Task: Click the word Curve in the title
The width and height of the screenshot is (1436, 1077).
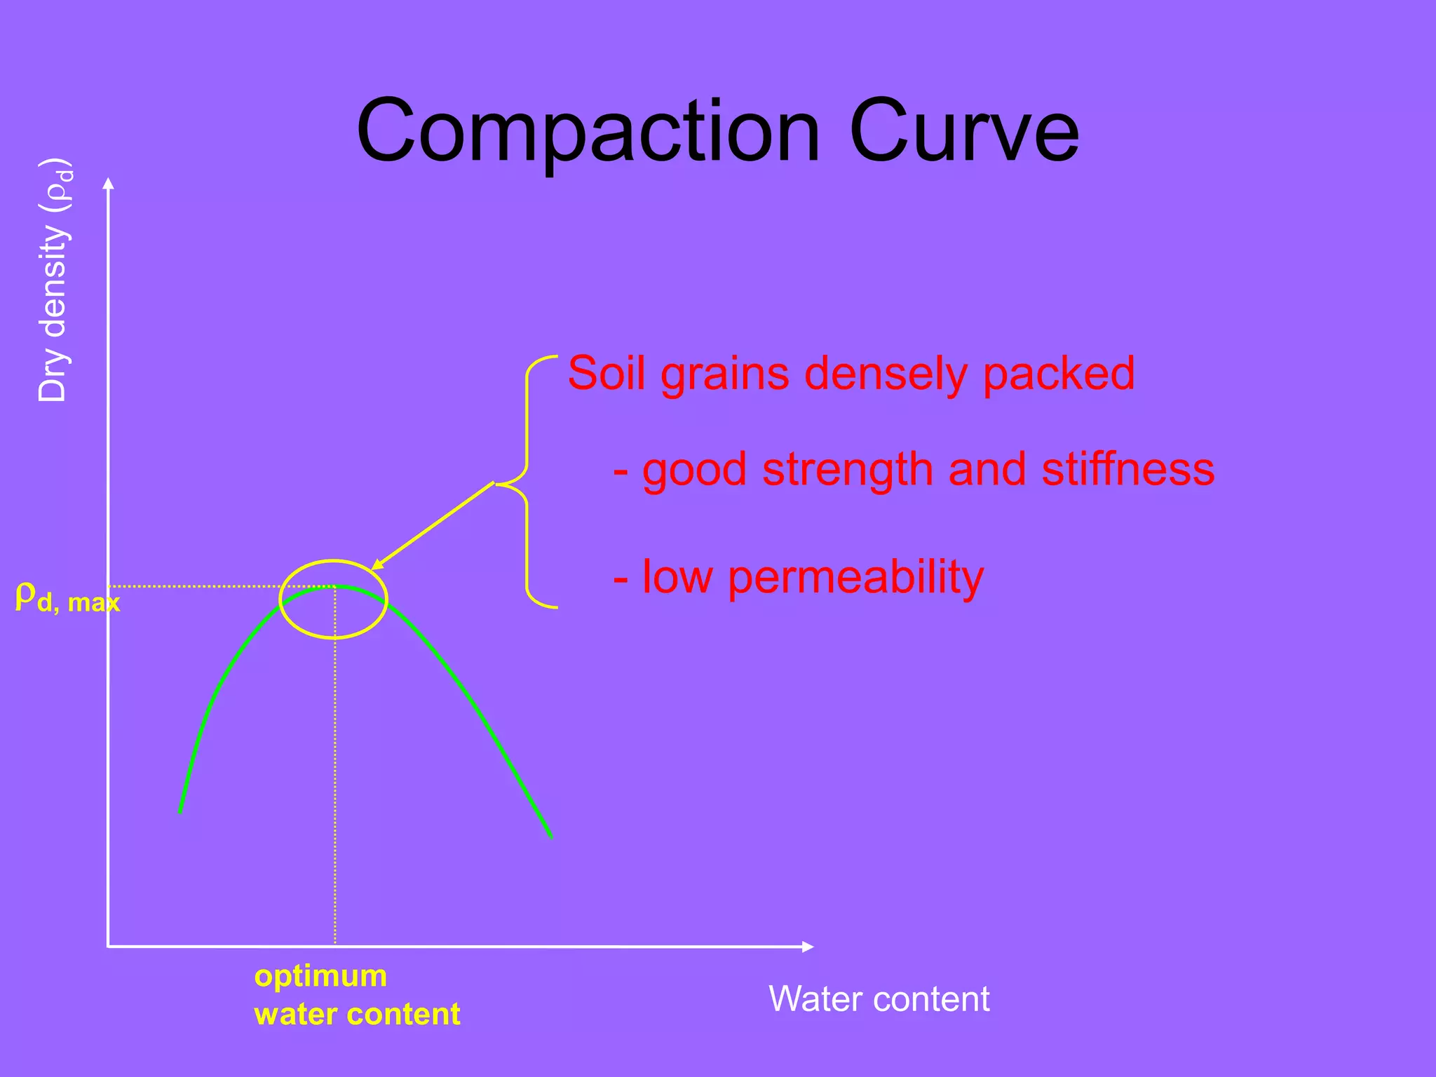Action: (964, 132)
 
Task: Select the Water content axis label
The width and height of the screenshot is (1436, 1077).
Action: (879, 998)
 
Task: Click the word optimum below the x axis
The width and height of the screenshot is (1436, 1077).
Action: (320, 976)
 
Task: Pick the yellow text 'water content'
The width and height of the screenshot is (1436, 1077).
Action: (357, 1015)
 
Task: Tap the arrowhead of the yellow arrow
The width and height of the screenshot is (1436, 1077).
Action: (377, 565)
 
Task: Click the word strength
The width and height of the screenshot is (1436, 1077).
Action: (848, 470)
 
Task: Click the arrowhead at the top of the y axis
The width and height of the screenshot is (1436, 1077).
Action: (108, 184)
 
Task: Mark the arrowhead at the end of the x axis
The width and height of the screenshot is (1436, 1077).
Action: (808, 947)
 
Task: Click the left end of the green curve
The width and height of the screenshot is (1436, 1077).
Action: (181, 811)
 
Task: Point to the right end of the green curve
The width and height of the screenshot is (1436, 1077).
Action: (551, 836)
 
